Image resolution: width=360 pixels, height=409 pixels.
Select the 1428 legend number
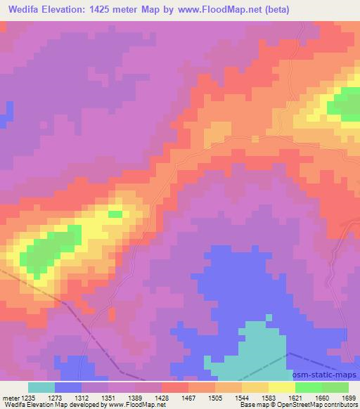pos(162,398)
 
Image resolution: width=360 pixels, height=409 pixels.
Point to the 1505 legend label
pos(215,398)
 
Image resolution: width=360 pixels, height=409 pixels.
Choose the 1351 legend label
pos(108,398)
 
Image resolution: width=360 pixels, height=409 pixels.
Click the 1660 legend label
pos(322,398)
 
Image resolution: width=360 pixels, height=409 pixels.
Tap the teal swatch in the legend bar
pos(41,387)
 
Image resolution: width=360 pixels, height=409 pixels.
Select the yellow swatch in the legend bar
pos(282,387)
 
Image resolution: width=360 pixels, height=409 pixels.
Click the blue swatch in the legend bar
pos(68,387)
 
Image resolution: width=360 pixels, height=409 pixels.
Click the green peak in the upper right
pos(344,103)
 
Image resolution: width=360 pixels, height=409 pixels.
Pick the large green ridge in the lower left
pos(46,249)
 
